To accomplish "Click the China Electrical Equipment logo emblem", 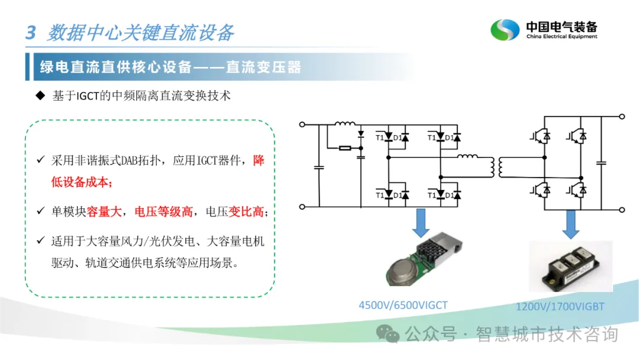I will pos(504,30).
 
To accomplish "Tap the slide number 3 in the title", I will pos(31,33).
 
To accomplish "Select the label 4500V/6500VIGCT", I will pos(403,306).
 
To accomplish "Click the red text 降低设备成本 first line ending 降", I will pos(259,160).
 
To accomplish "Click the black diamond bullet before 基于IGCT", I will pos(40,95).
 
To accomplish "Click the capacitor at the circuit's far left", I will pos(319,168).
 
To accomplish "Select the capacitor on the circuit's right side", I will pos(602,161).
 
